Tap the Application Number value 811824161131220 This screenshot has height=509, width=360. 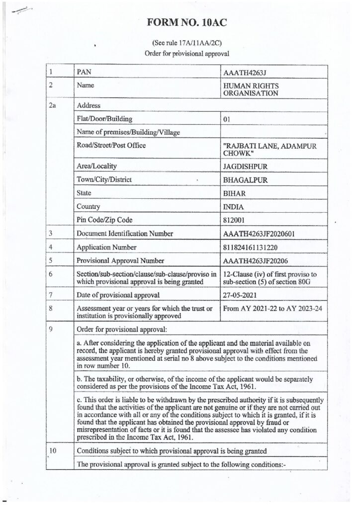click(254, 247)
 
